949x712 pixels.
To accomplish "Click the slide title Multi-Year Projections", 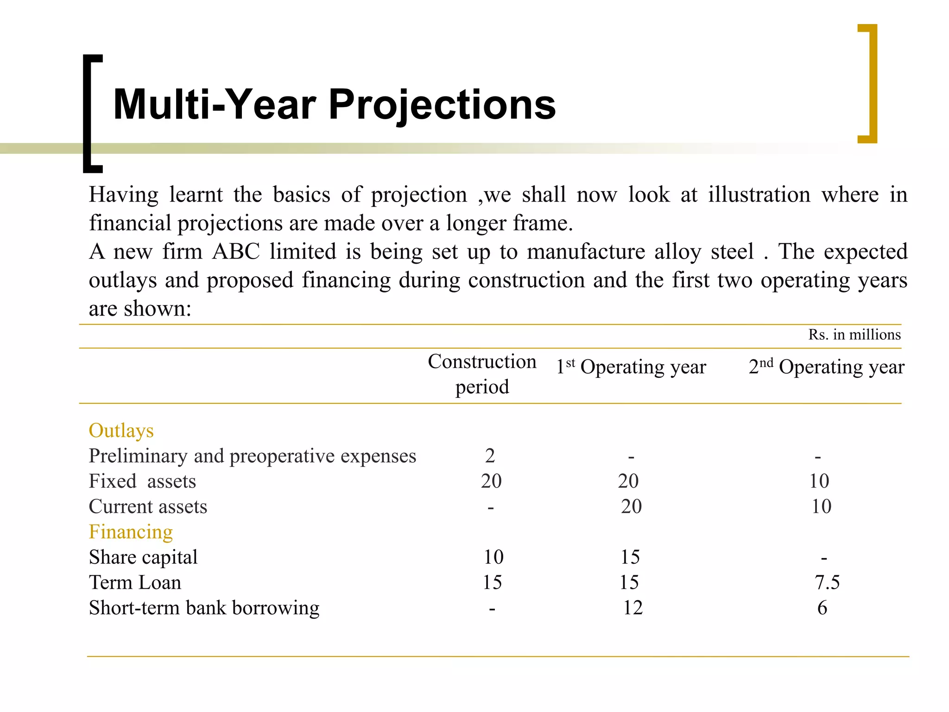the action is click(334, 105).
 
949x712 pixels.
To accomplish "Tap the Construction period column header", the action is click(482, 374).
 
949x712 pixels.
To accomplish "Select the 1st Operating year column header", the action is click(631, 367).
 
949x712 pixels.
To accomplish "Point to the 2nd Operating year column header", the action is click(826, 367).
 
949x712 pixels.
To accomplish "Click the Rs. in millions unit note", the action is click(854, 335).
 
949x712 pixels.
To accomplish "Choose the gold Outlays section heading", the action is click(121, 431).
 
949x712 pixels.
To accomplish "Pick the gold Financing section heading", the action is click(131, 532).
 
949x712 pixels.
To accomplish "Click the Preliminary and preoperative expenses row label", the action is click(253, 456).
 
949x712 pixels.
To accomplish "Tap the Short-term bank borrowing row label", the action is click(204, 608).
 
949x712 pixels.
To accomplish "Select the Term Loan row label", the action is click(135, 582).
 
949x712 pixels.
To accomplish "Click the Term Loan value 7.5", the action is click(827, 582).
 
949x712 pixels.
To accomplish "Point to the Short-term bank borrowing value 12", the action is click(633, 608).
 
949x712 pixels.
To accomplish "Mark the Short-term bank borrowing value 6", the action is click(822, 608).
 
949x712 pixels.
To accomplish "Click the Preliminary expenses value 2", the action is click(490, 456).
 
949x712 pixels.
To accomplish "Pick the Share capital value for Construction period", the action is click(493, 557).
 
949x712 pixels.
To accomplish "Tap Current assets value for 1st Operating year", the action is click(631, 507).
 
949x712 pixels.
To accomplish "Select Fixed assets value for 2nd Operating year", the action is click(819, 481).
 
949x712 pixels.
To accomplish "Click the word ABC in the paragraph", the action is click(236, 252).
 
